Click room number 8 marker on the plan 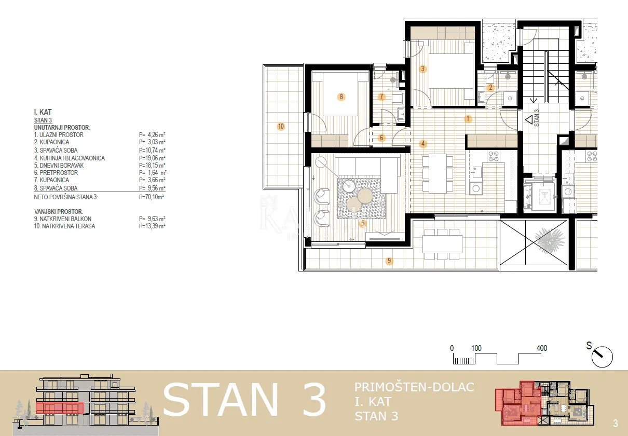coord(341,97)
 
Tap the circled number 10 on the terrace coord(281,127)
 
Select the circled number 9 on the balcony coord(389,261)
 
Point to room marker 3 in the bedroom coord(423,69)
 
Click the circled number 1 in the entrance coord(468,119)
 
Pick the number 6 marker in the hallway coord(381,138)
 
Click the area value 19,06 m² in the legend coord(152,158)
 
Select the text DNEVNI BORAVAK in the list coord(61,166)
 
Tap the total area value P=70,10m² coord(152,197)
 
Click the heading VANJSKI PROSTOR coord(59,212)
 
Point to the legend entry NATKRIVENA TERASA coord(69,226)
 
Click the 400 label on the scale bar coord(542,348)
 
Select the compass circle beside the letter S coord(602,357)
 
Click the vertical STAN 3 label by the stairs coord(536,118)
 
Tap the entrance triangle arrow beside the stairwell coord(529,120)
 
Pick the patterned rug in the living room coord(361,198)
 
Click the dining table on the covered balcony coord(442,244)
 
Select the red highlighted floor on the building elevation coord(60,408)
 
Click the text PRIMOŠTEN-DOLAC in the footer coord(414,387)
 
